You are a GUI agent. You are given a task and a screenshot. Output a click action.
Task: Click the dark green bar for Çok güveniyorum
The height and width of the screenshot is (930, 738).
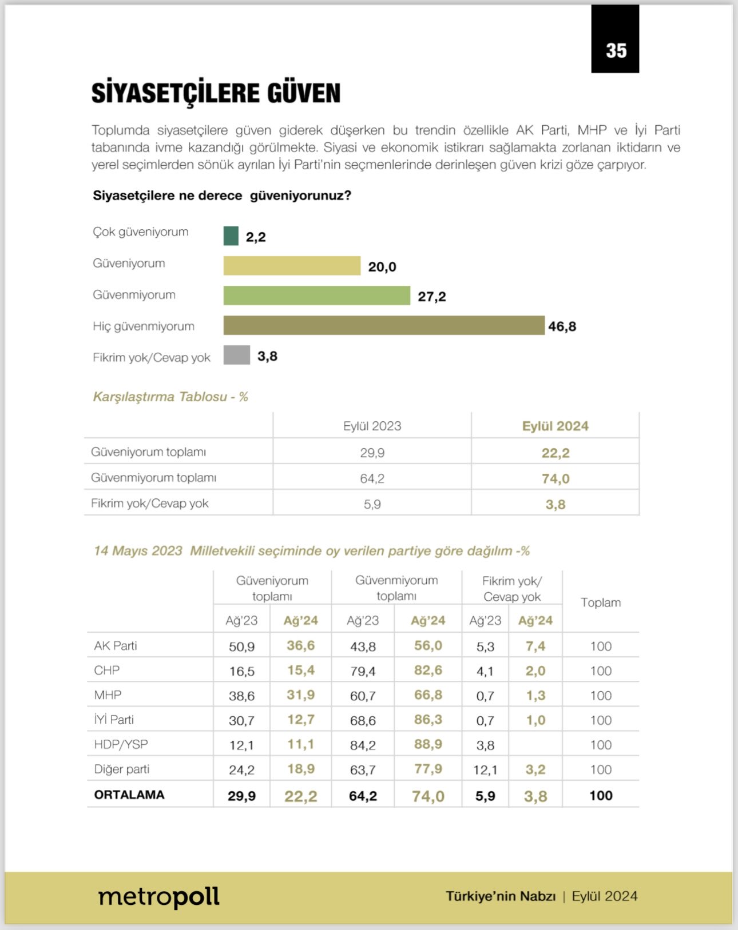(231, 236)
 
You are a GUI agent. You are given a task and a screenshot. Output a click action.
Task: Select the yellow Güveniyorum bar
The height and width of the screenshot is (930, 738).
(292, 266)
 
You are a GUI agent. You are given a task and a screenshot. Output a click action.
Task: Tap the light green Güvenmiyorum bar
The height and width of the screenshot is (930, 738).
(316, 296)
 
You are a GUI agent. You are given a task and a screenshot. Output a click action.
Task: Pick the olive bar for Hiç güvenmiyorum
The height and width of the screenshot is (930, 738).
(383, 325)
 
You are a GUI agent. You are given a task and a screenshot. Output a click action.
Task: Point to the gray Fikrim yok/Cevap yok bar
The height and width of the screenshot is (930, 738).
(236, 355)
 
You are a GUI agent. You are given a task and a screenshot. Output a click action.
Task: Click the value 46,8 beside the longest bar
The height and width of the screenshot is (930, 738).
(562, 326)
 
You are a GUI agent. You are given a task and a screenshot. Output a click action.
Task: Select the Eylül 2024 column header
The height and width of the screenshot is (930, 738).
(555, 426)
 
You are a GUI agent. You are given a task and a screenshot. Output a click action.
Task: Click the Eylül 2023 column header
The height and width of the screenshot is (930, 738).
(372, 426)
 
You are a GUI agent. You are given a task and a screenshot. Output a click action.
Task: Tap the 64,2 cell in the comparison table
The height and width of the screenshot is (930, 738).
(372, 478)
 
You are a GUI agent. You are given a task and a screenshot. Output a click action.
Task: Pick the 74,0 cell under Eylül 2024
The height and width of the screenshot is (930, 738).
(555, 478)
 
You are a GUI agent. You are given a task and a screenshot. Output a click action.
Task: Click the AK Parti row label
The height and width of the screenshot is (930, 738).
(116, 646)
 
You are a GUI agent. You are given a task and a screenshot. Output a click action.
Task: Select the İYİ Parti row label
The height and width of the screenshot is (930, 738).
(114, 720)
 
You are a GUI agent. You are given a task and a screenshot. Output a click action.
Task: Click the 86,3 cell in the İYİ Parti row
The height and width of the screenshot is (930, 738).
(428, 720)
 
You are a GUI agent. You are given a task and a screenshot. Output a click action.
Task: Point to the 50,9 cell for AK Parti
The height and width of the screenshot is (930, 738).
(241, 646)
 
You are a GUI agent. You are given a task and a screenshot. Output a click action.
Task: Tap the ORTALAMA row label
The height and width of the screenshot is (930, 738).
(129, 795)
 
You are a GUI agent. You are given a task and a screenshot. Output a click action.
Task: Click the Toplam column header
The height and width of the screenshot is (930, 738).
(600, 602)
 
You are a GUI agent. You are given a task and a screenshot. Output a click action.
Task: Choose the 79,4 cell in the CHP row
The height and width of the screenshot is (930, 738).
(363, 671)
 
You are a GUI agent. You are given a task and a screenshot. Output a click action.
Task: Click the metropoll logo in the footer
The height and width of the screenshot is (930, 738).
(159, 897)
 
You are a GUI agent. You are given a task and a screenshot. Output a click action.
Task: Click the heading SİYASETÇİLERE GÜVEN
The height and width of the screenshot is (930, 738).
(216, 93)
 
